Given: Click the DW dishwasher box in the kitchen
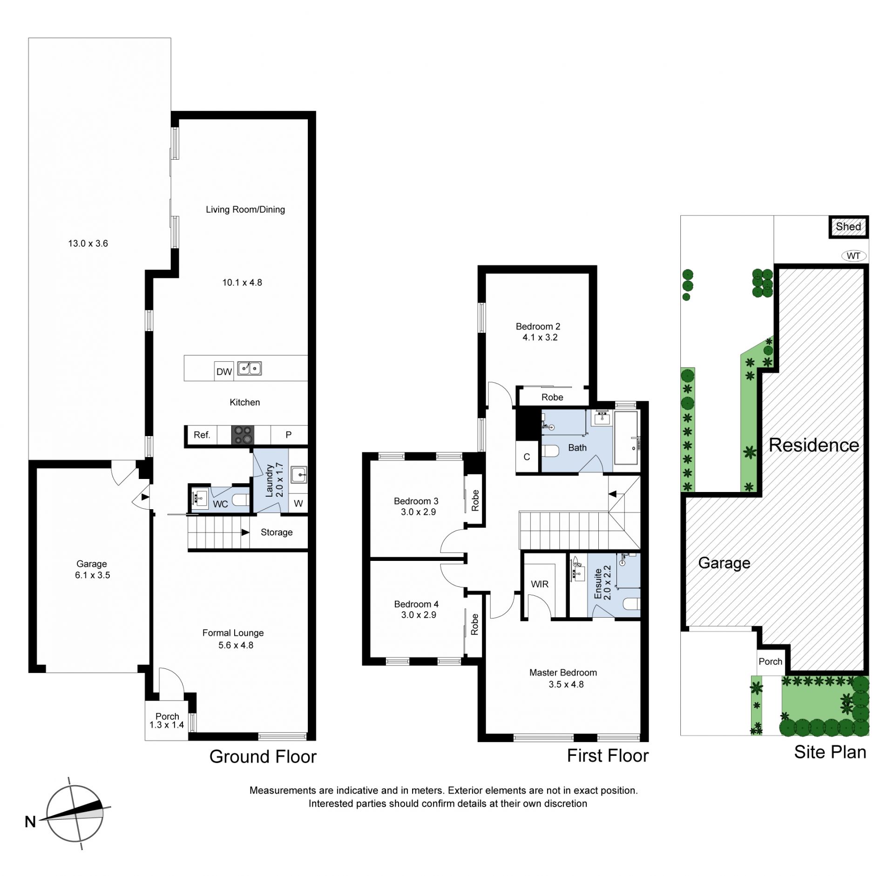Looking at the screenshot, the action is [x=224, y=371].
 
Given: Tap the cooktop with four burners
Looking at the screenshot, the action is [x=243, y=435].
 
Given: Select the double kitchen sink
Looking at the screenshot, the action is [x=250, y=369].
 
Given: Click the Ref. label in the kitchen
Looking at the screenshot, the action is [x=202, y=435].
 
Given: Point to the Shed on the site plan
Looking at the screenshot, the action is [x=848, y=227].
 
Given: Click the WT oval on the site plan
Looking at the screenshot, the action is [x=853, y=256].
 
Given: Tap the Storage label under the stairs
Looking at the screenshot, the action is [x=277, y=532].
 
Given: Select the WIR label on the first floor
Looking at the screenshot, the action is [x=540, y=584].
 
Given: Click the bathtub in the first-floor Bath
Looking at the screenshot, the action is [x=626, y=438].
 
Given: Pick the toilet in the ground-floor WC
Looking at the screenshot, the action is [x=241, y=500].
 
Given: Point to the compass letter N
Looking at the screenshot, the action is [x=30, y=822].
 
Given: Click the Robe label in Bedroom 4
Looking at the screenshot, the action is [x=474, y=624].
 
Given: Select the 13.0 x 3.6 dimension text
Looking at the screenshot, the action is [x=88, y=243].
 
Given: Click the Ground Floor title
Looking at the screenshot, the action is [x=263, y=756].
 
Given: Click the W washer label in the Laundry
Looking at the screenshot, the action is [x=298, y=503].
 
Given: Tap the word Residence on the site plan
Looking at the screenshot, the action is [x=814, y=445].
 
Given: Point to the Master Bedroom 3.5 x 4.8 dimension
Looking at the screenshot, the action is [x=566, y=684].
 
